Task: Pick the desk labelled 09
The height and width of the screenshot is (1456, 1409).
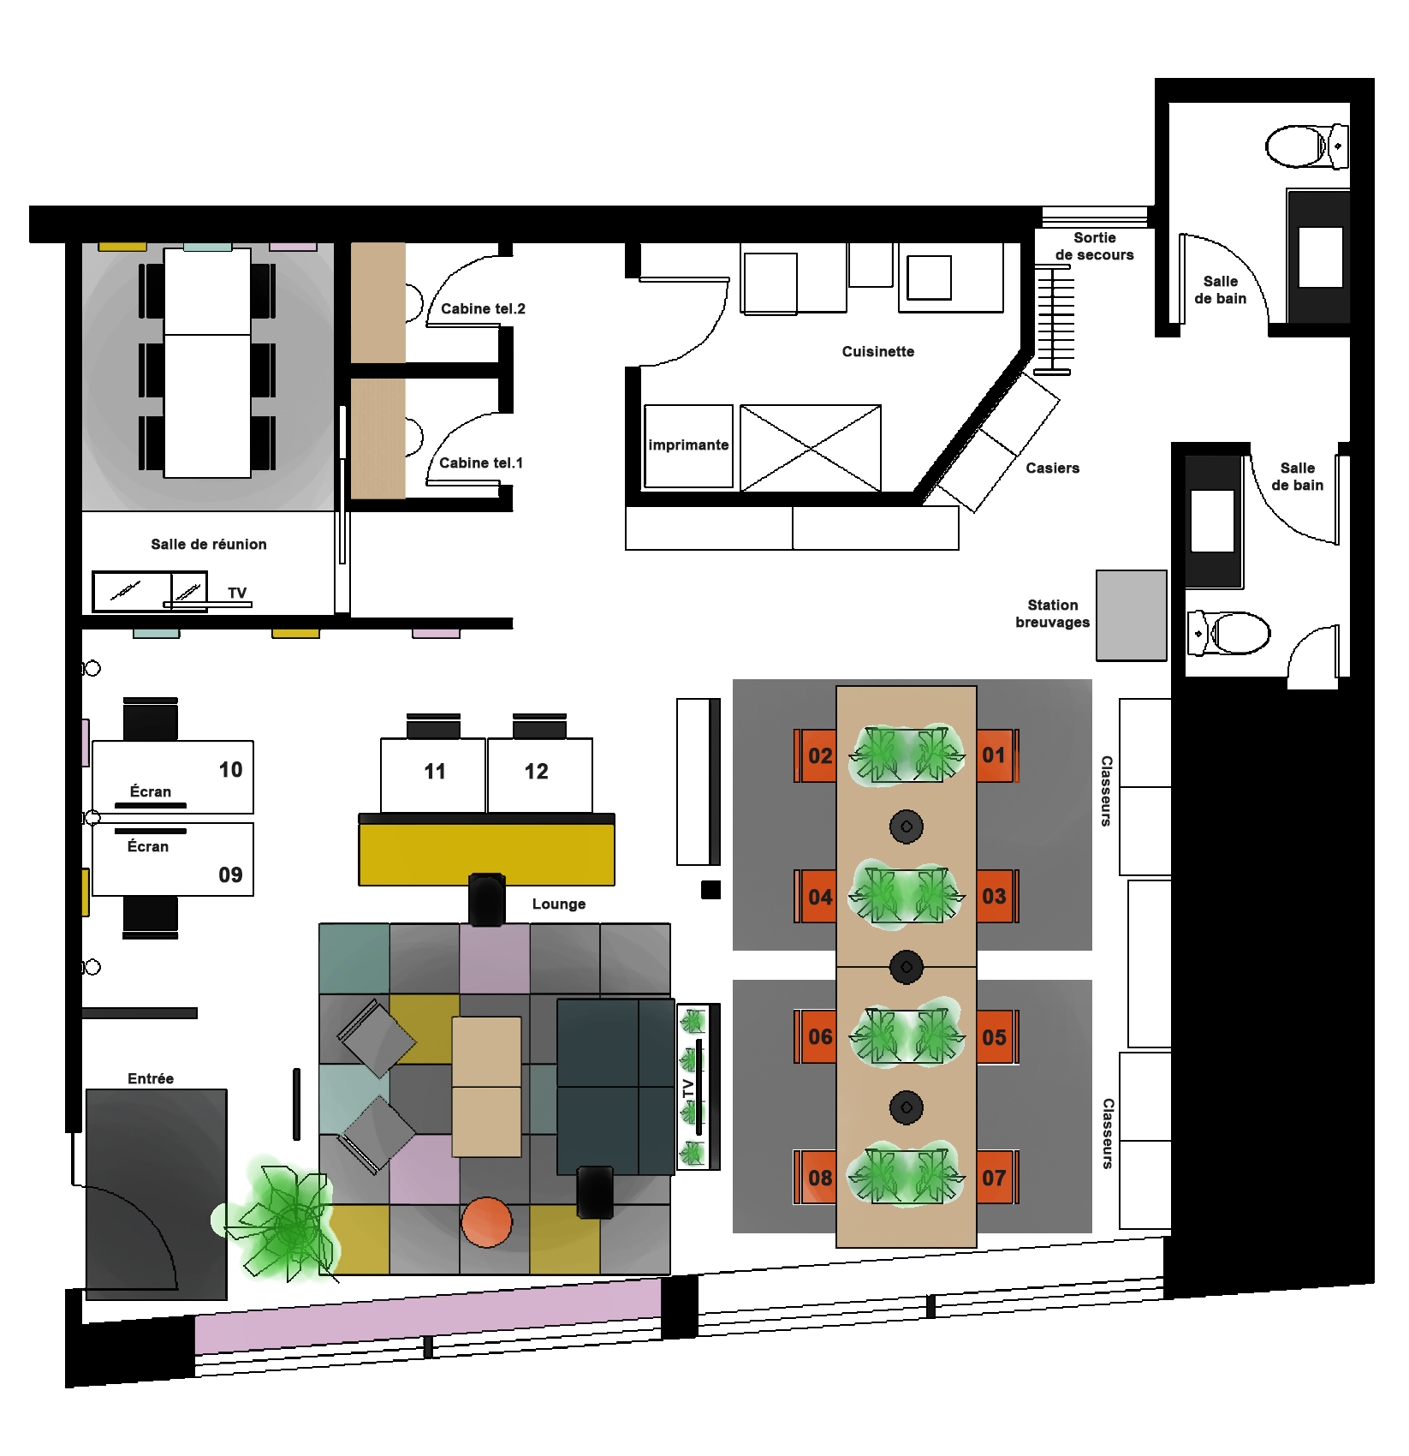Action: click(173, 859)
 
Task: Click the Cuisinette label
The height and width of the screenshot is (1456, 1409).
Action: click(877, 351)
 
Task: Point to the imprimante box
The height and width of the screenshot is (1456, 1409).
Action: click(688, 446)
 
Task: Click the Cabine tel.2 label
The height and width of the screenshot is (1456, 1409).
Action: click(483, 308)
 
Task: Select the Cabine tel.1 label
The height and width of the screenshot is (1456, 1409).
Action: click(481, 462)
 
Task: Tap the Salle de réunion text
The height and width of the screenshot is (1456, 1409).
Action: click(209, 544)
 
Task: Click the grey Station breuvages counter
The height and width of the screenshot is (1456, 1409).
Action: click(1132, 615)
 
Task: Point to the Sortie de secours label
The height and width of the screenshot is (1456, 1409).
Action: click(1095, 246)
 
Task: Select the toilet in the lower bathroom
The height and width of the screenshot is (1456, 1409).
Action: click(1228, 633)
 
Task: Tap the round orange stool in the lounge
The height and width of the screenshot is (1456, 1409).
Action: click(486, 1222)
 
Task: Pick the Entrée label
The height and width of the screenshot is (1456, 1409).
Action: click(151, 1078)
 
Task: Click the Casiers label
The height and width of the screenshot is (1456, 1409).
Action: click(1052, 468)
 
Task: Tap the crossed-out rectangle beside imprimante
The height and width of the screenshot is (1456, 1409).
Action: click(810, 448)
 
